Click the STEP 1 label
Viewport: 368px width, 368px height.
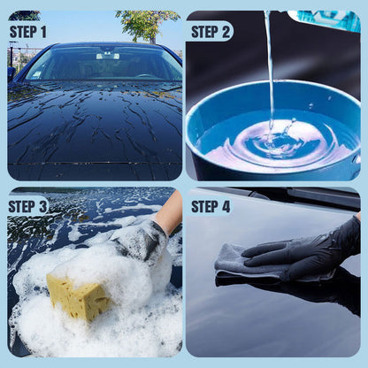[28, 32]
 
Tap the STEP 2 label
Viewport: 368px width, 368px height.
[211, 32]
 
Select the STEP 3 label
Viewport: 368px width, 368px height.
[28, 207]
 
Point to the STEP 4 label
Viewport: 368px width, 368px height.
[211, 207]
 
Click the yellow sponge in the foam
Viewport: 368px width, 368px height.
[78, 297]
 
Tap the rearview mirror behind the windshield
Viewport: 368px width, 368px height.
[107, 56]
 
